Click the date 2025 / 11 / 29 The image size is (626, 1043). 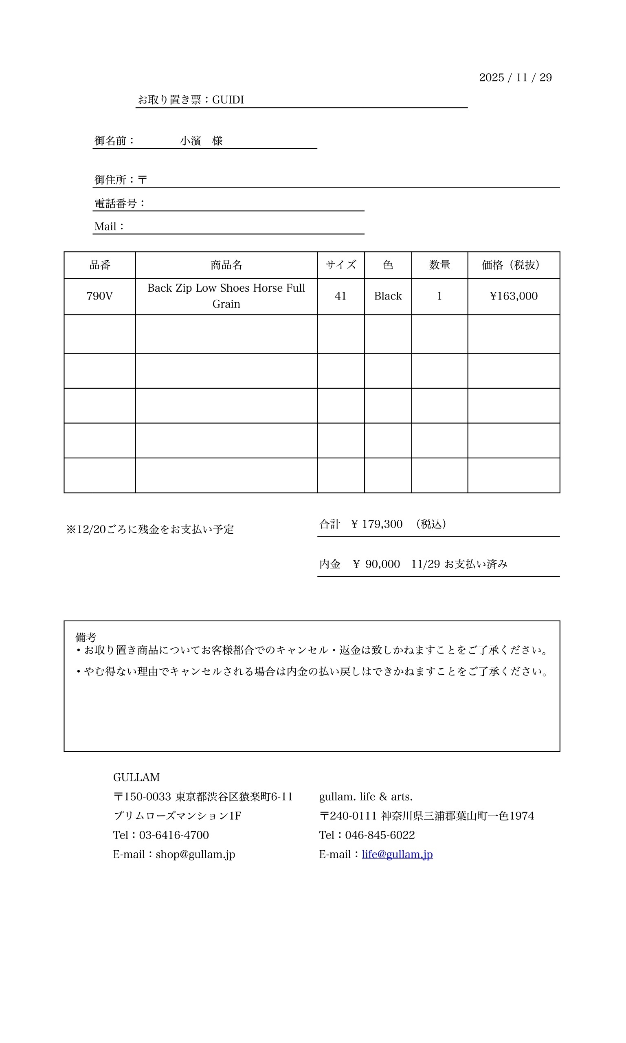pos(515,78)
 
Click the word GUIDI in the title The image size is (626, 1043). pos(228,100)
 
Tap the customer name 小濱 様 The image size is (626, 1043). pos(201,141)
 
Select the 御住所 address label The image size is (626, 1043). pos(110,180)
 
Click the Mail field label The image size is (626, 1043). pos(105,227)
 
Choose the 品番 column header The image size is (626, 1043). pos(99,265)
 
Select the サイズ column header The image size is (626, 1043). pos(340,265)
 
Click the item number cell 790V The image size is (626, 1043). pos(99,296)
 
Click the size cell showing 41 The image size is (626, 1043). pos(340,296)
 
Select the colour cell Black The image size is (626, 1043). pos(388,296)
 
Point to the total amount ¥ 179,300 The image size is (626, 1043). pos(377,524)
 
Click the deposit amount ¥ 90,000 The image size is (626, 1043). pos(376,564)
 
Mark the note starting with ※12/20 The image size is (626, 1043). pos(150,530)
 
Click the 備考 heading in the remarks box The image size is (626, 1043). pos(86,637)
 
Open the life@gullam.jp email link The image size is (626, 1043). pos(397,854)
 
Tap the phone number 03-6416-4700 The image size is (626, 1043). pos(174,835)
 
